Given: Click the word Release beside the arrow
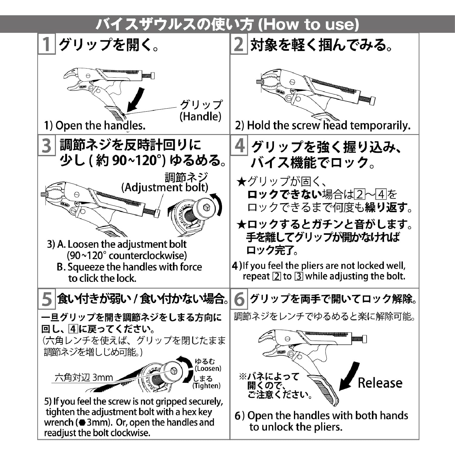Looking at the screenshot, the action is [380, 383].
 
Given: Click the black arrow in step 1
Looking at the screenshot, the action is [135, 99].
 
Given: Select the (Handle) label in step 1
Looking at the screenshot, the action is [201, 116].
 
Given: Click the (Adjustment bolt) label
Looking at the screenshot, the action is [165, 187].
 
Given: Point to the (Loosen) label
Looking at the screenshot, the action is [208, 369].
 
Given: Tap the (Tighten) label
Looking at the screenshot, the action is [207, 386].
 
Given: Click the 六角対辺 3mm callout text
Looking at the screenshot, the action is [84, 378].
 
